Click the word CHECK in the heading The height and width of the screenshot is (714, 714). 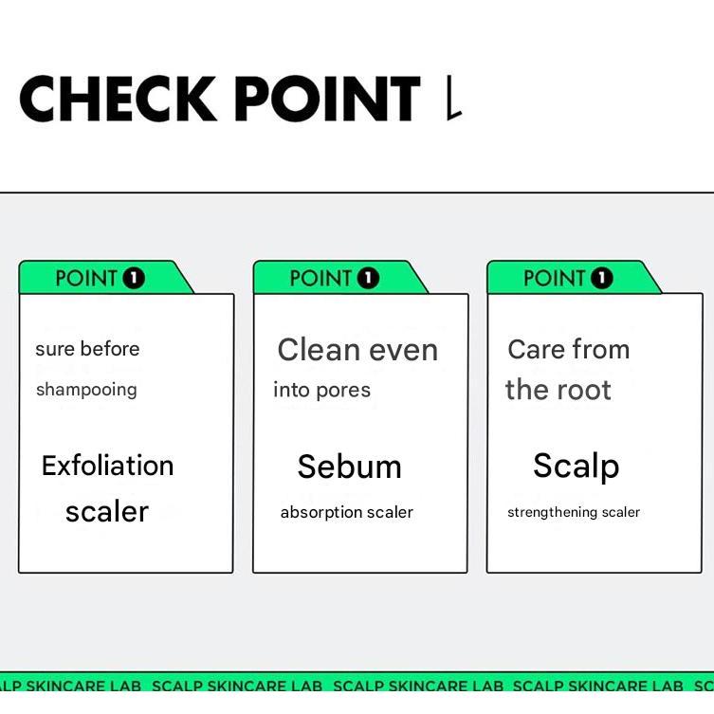(118, 99)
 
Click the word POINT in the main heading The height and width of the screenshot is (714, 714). (327, 99)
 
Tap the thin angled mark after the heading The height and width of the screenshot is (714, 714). (454, 98)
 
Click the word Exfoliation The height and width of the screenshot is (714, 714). (107, 466)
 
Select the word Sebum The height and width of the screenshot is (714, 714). (349, 467)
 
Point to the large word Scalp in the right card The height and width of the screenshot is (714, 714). (576, 467)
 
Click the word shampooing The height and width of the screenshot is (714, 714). (86, 391)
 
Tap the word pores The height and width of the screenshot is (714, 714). (343, 392)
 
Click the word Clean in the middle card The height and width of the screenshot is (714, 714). (320, 350)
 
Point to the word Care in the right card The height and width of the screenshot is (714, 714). (537, 349)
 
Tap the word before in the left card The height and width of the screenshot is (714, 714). (110, 349)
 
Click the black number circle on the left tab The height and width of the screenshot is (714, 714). (134, 278)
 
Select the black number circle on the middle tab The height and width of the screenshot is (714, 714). (368, 278)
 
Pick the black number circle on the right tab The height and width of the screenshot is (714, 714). (602, 278)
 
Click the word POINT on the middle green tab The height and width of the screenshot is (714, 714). (321, 278)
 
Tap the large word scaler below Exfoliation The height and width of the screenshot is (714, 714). (107, 512)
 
